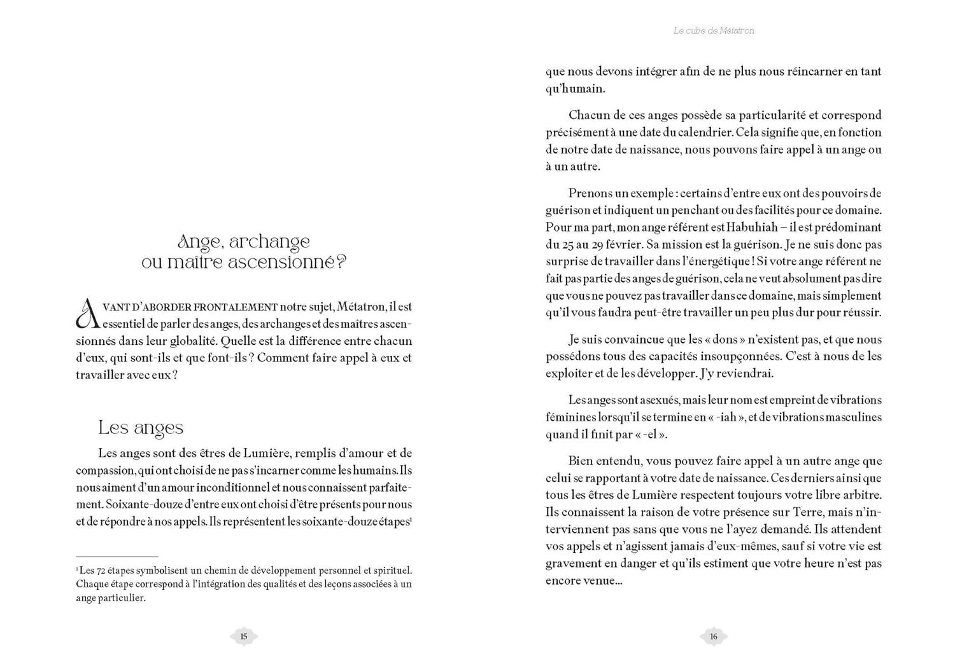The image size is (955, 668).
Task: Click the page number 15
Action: (x=243, y=636)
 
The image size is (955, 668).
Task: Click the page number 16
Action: (x=713, y=636)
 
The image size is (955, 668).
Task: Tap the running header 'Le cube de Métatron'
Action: (x=713, y=31)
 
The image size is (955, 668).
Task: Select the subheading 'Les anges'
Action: (x=141, y=428)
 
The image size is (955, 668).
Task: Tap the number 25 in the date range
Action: (x=567, y=244)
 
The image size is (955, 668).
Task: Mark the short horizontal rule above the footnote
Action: (x=117, y=556)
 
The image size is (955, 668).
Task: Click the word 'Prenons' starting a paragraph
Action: (x=590, y=193)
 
